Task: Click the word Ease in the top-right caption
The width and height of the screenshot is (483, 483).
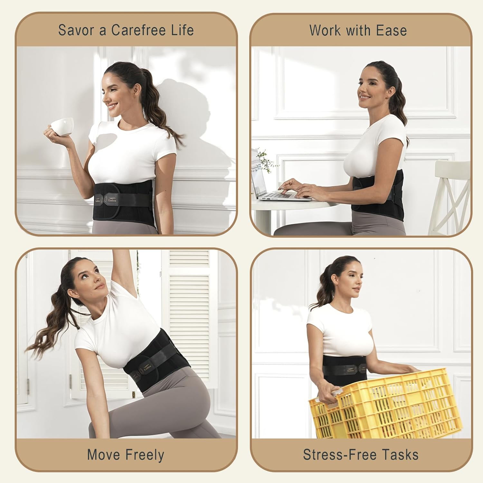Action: coord(391,31)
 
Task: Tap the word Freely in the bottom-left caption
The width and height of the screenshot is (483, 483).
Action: coord(145,455)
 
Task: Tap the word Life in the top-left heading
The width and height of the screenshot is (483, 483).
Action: coord(183,30)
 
